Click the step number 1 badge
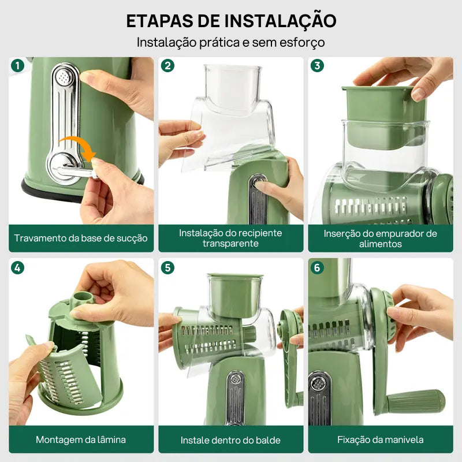pos(18,66)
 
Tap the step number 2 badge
pos(167,66)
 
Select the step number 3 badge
pos(317,66)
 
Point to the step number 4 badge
pos(18,267)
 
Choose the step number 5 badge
pos(167,267)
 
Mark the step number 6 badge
pos(317,267)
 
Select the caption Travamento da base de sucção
pos(81,239)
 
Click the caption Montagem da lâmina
pos(81,439)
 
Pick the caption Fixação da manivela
pos(380,439)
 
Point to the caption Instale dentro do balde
pos(230,440)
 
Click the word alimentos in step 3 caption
pos(380,244)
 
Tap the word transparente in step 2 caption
pos(230,244)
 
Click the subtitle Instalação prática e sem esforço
pos(230,42)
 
